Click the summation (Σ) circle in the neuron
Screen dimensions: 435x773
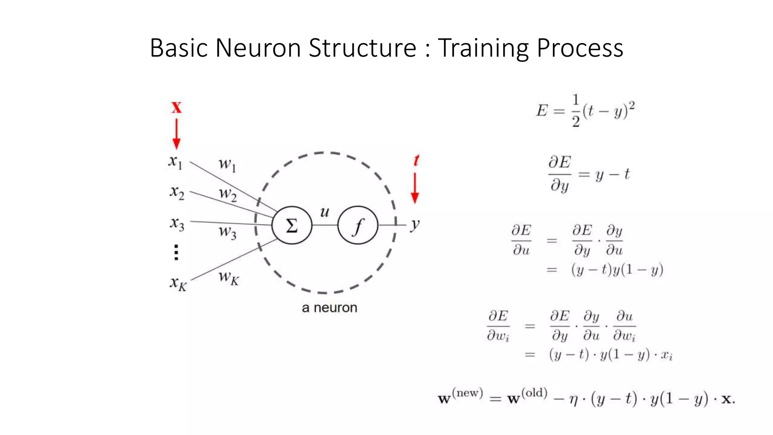pyautogui.click(x=292, y=225)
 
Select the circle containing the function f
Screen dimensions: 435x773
pyautogui.click(x=357, y=225)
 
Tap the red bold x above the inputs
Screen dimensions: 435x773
pyautogui.click(x=176, y=108)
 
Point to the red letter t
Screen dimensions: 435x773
pyautogui.click(x=416, y=160)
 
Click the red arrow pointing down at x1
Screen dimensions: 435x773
pyautogui.click(x=176, y=134)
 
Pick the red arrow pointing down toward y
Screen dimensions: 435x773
pyautogui.click(x=415, y=188)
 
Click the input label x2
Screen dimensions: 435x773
pyautogui.click(x=177, y=192)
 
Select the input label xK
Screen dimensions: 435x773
pyautogui.click(x=178, y=283)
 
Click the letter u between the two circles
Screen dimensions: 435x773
pyautogui.click(x=325, y=212)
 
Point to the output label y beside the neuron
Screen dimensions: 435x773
pyautogui.click(x=415, y=225)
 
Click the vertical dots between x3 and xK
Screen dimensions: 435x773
pyautogui.click(x=176, y=252)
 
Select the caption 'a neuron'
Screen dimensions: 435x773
pyautogui.click(x=329, y=308)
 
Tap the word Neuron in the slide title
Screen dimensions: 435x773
pyautogui.click(x=258, y=48)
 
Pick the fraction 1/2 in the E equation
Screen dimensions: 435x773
pyautogui.click(x=576, y=111)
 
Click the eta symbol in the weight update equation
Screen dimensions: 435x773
pyautogui.click(x=574, y=400)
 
